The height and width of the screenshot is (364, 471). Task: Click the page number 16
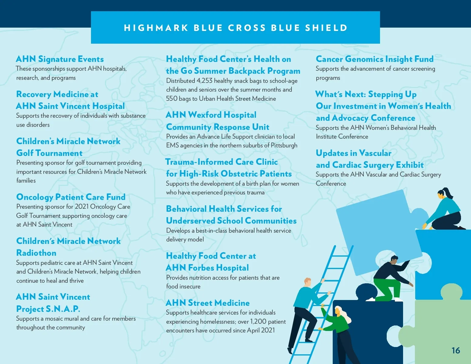[456, 351]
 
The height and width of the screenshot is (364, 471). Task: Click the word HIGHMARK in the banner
[156, 28]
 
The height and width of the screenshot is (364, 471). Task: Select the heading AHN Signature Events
[60, 59]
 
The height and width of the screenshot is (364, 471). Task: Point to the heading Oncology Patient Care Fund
[71, 197]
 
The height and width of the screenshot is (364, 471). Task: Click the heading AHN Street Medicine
[208, 303]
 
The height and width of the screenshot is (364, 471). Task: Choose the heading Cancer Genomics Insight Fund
[375, 59]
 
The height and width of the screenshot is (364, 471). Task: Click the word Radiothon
[36, 253]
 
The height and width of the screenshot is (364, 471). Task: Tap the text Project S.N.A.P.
[48, 309]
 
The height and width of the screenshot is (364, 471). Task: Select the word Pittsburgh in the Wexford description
[284, 146]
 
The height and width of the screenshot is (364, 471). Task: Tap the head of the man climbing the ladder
[308, 282]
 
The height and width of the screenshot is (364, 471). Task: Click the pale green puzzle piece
[440, 328]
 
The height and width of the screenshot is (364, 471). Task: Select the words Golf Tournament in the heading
[49, 153]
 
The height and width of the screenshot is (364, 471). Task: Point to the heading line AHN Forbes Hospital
[207, 268]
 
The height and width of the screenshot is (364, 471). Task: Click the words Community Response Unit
[218, 127]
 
